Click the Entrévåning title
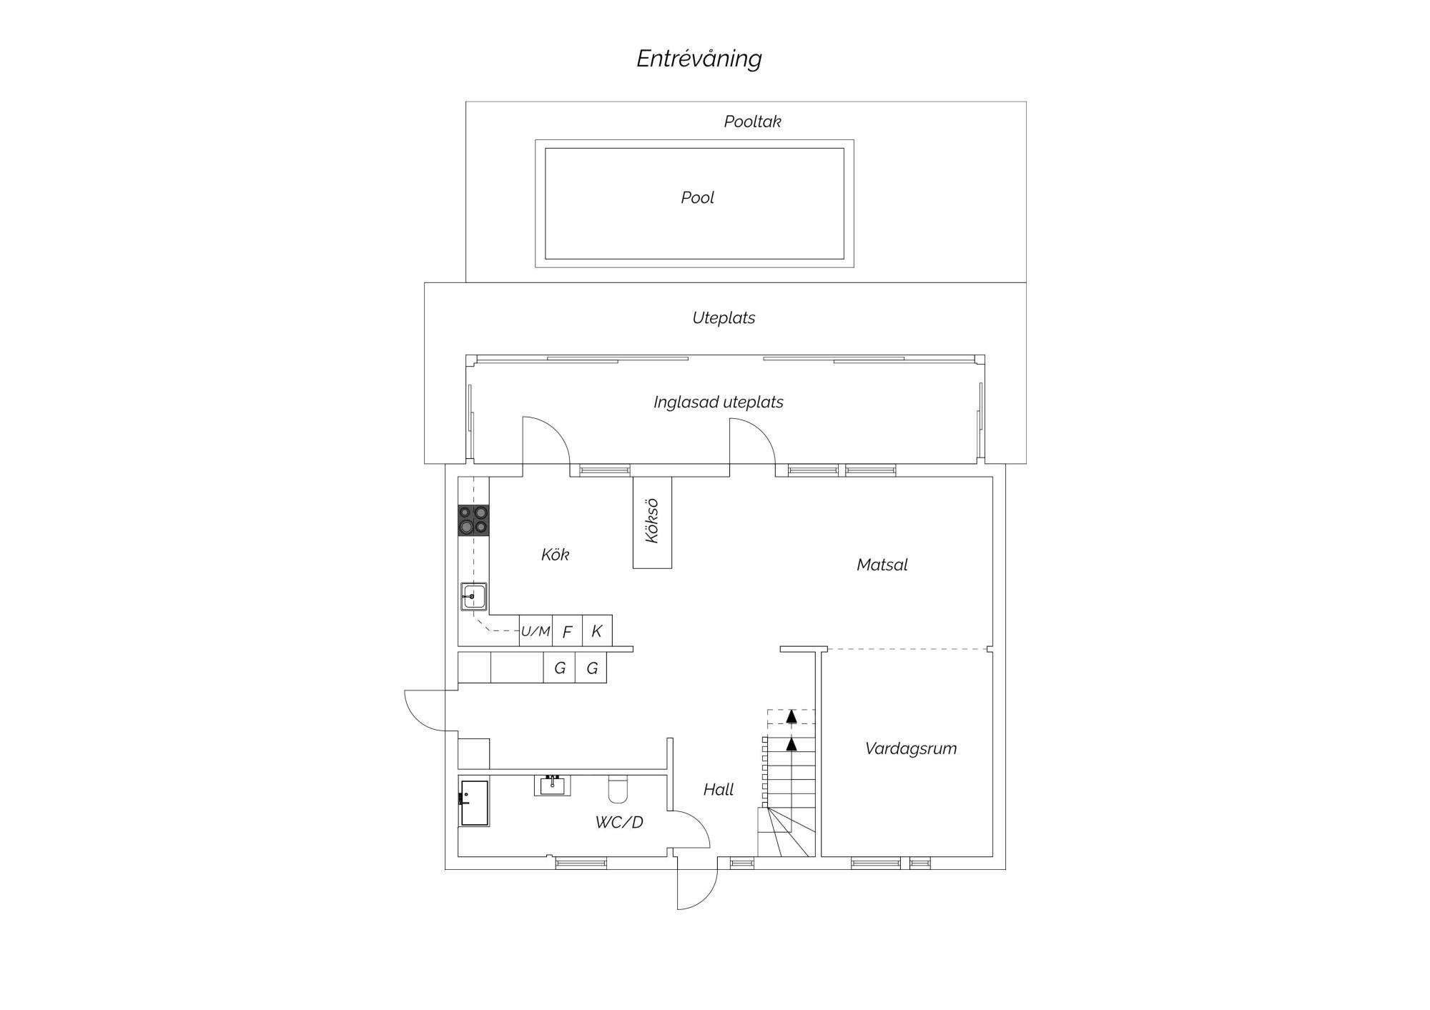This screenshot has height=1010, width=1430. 699,59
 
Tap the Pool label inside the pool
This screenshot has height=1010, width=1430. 697,198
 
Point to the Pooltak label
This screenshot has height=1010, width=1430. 752,122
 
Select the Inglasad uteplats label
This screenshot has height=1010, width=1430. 718,402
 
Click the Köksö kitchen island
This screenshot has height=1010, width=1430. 652,523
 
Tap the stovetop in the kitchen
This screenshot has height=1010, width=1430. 474,520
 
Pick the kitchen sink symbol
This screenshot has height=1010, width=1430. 474,596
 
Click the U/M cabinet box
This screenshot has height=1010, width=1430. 536,630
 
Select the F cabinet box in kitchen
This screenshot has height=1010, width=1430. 568,630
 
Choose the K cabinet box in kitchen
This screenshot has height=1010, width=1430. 597,630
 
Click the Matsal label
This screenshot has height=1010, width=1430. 882,565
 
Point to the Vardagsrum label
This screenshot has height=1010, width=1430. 910,748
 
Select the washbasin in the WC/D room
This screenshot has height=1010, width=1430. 552,786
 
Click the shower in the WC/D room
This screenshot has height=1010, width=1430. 474,803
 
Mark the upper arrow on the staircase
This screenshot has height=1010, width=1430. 792,717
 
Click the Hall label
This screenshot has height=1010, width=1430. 719,790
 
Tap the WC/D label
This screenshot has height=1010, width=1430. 619,822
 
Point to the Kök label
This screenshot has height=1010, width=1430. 555,555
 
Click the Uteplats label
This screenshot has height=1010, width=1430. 724,318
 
